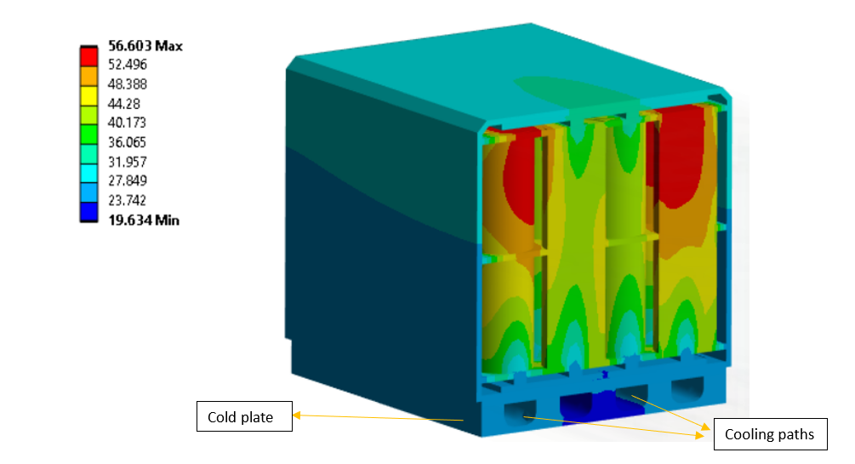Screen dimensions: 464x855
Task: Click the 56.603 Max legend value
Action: (145, 46)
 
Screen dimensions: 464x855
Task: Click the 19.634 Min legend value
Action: (144, 220)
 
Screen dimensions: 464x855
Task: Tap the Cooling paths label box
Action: (769, 434)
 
